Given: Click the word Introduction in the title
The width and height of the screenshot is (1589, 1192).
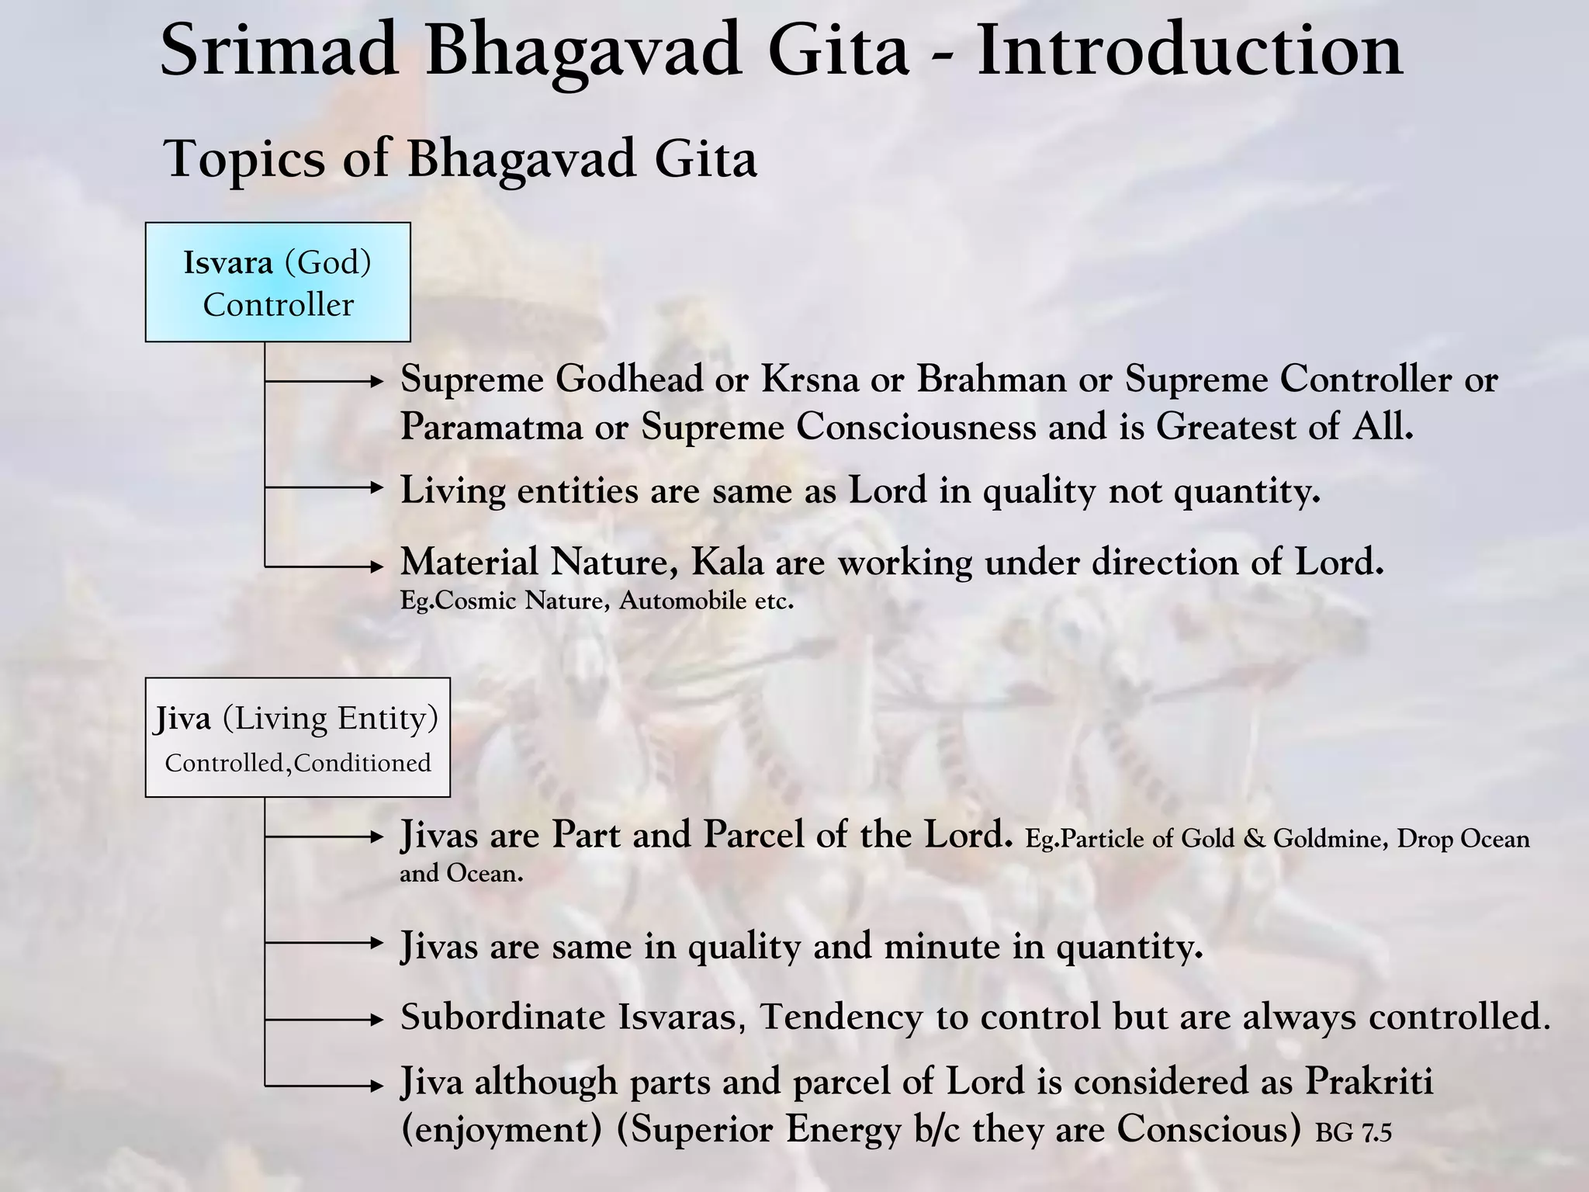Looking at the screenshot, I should (x=1189, y=50).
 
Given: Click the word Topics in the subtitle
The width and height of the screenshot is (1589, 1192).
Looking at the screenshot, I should (x=244, y=159).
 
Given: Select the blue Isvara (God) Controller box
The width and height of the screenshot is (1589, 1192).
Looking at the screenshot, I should (x=278, y=282).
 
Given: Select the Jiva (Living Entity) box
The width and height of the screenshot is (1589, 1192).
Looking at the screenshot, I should (x=297, y=737).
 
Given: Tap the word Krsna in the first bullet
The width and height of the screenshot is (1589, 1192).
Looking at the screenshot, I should (x=810, y=379).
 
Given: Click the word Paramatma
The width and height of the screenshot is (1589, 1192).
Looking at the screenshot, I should (x=491, y=427).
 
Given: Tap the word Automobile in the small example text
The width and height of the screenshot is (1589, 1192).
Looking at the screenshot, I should (x=682, y=601).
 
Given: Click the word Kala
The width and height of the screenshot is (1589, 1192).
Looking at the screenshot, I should (x=727, y=562).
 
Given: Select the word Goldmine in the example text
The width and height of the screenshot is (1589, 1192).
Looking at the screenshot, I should (x=1329, y=839).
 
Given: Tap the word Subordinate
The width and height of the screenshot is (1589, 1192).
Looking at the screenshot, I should (x=502, y=1017).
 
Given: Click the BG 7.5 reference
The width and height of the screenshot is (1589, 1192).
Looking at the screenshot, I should (x=1353, y=1134).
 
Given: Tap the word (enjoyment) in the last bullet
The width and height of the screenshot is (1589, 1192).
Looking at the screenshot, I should (x=501, y=1129).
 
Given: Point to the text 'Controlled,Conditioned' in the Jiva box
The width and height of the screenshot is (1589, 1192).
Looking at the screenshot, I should (x=297, y=764).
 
